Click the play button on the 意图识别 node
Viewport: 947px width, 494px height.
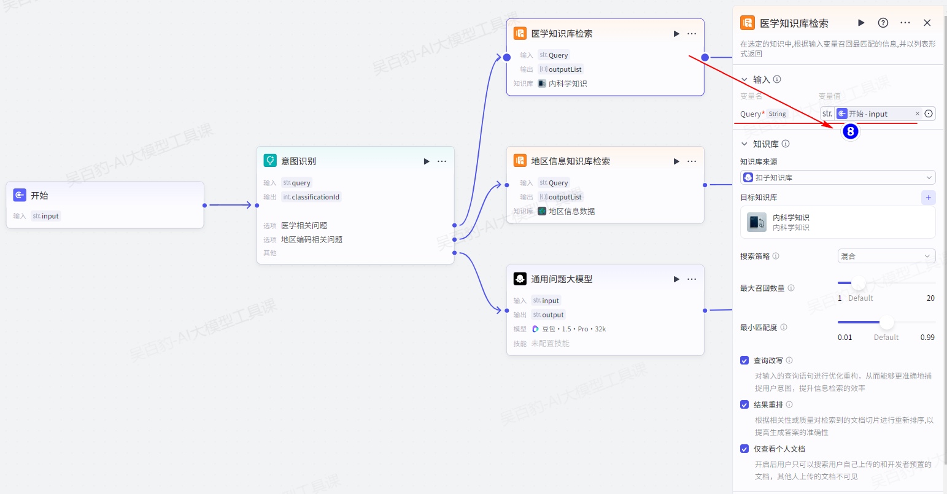[427, 161]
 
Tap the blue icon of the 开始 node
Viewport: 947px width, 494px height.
[20, 195]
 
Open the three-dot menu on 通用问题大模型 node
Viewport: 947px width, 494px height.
[692, 279]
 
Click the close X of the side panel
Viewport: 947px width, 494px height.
[927, 23]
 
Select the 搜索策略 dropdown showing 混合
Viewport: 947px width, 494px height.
[886, 256]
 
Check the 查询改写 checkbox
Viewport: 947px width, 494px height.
[744, 360]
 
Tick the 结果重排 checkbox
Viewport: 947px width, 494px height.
[744, 404]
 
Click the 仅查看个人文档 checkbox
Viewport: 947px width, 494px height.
[744, 449]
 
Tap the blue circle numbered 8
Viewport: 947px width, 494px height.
[850, 131]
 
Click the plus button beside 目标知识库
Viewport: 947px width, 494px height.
[928, 198]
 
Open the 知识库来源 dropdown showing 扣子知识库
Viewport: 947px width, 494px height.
[837, 177]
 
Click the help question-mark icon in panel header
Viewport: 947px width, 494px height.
[883, 23]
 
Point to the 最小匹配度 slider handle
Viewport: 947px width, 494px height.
[887, 322]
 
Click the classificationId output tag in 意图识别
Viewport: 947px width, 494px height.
[311, 197]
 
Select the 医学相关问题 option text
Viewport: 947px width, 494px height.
[304, 225]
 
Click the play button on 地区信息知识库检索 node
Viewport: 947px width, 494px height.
[676, 161]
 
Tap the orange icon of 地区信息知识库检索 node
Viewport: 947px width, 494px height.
[520, 161]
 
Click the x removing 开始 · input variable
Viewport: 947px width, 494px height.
[918, 114]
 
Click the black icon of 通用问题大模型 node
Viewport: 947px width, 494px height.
[520, 279]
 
